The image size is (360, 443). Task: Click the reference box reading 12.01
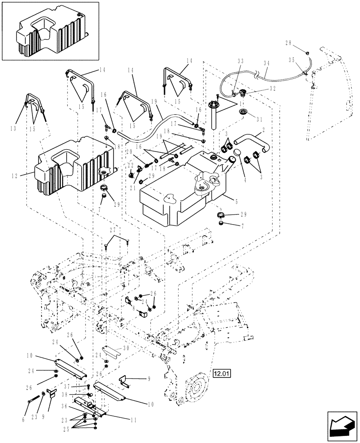coord(222,373)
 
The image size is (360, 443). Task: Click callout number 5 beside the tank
coord(236,201)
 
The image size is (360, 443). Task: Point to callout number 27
coord(112,229)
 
